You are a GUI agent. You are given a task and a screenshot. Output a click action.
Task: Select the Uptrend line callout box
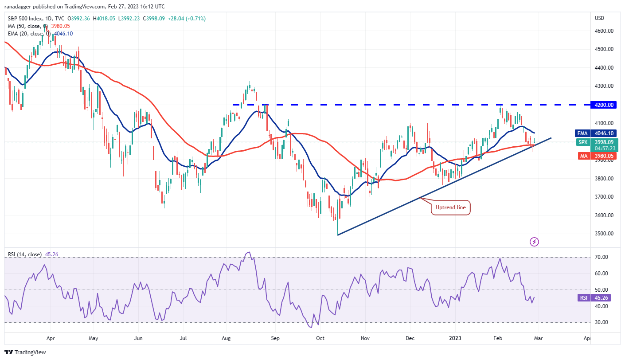tap(450, 207)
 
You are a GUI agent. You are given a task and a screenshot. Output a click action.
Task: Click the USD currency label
tap(599, 18)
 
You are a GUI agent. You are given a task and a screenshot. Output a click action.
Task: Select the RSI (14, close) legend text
tap(25, 254)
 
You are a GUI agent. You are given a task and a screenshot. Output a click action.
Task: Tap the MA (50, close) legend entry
tap(24, 27)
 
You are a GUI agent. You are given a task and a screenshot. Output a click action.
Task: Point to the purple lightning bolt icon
tap(534, 242)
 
